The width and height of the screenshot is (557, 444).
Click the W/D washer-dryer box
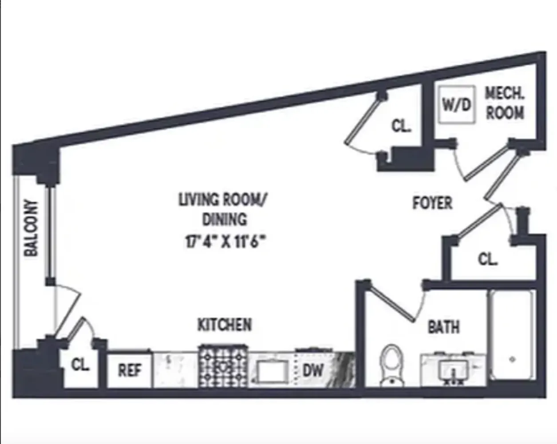tap(456, 104)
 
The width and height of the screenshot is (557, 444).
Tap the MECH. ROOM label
tap(505, 103)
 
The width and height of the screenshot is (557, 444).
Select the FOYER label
tap(432, 203)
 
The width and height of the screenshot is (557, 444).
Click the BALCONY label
tap(31, 228)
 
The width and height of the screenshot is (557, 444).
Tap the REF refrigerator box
tap(130, 370)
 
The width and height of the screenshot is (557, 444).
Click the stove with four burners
tap(223, 367)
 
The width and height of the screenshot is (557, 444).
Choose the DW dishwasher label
tap(313, 370)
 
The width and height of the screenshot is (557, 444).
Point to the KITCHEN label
tap(225, 325)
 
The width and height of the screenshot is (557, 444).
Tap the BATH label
tap(443, 327)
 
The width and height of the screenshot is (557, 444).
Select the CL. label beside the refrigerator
tap(81, 365)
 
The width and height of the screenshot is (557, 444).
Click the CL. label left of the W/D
tap(401, 126)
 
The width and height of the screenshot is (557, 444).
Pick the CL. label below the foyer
tap(488, 259)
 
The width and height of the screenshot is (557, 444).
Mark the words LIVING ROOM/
tap(223, 200)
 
